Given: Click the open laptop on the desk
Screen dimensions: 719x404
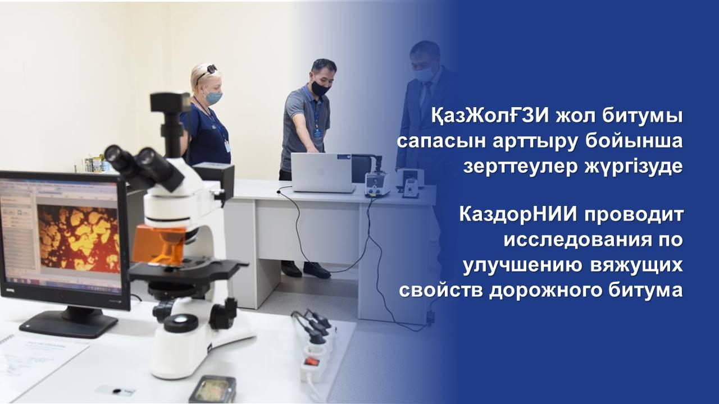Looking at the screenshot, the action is pos(322,173).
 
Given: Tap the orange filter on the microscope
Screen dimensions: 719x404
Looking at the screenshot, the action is pos(159,244).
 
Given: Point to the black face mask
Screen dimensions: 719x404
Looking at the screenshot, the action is pos(320,88).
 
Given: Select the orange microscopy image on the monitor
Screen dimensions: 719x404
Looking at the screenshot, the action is pos(78,239).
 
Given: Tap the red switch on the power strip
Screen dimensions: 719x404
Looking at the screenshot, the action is pos(311,362).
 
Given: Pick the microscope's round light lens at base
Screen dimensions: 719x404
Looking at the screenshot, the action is pos(181,323).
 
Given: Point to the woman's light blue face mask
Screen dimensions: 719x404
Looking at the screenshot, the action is pos(213,97).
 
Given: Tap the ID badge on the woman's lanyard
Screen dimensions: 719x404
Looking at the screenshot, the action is pos(227,145).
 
